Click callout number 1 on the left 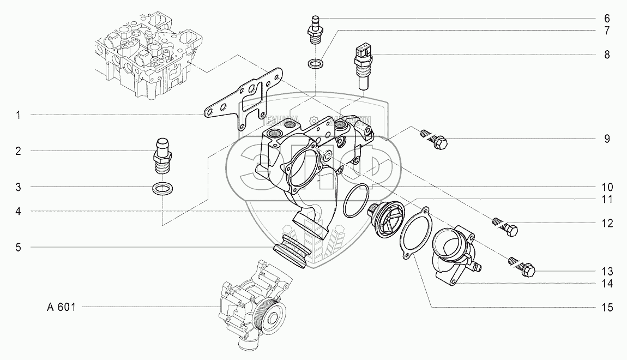(x=18, y=115)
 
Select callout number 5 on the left (x=18, y=247)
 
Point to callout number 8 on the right (x=607, y=55)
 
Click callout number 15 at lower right (x=607, y=308)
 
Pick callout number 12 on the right (x=607, y=223)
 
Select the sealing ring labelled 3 (x=161, y=189)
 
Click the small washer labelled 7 (x=315, y=64)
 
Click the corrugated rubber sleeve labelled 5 (x=295, y=253)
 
